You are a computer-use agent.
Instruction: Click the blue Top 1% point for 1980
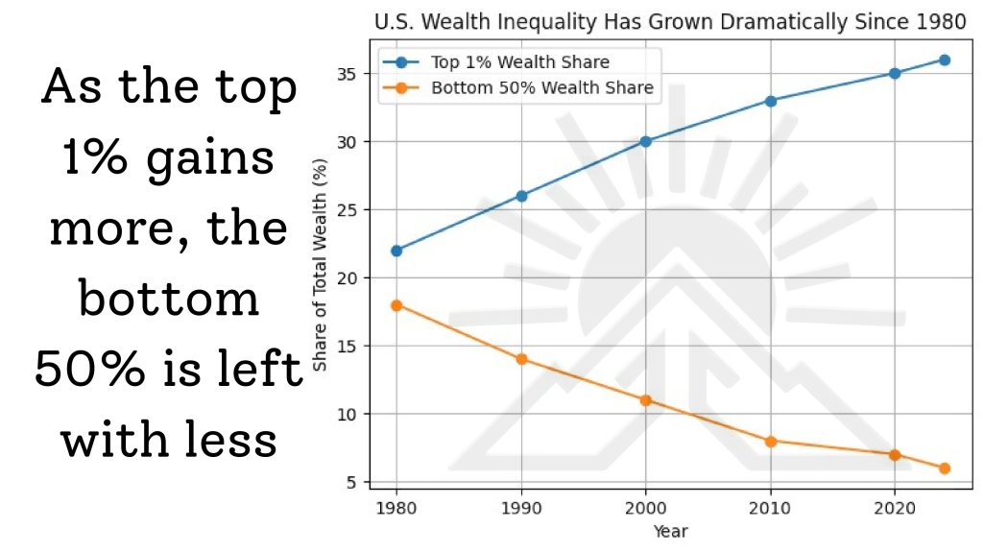tap(396, 251)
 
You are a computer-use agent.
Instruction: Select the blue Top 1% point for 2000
tap(645, 141)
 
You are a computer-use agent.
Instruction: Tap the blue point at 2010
tap(770, 100)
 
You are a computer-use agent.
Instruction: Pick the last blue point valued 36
tap(944, 60)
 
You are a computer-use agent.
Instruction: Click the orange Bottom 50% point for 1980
tap(396, 305)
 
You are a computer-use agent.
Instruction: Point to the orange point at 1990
tap(521, 359)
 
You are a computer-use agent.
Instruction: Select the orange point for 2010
tap(770, 441)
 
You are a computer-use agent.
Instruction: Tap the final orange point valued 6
tap(944, 469)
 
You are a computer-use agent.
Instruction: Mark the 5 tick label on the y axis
tap(353, 482)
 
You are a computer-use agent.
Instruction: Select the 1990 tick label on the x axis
tap(521, 507)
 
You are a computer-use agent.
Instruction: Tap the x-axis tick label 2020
tap(895, 507)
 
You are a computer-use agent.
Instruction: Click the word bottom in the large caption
tap(169, 300)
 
